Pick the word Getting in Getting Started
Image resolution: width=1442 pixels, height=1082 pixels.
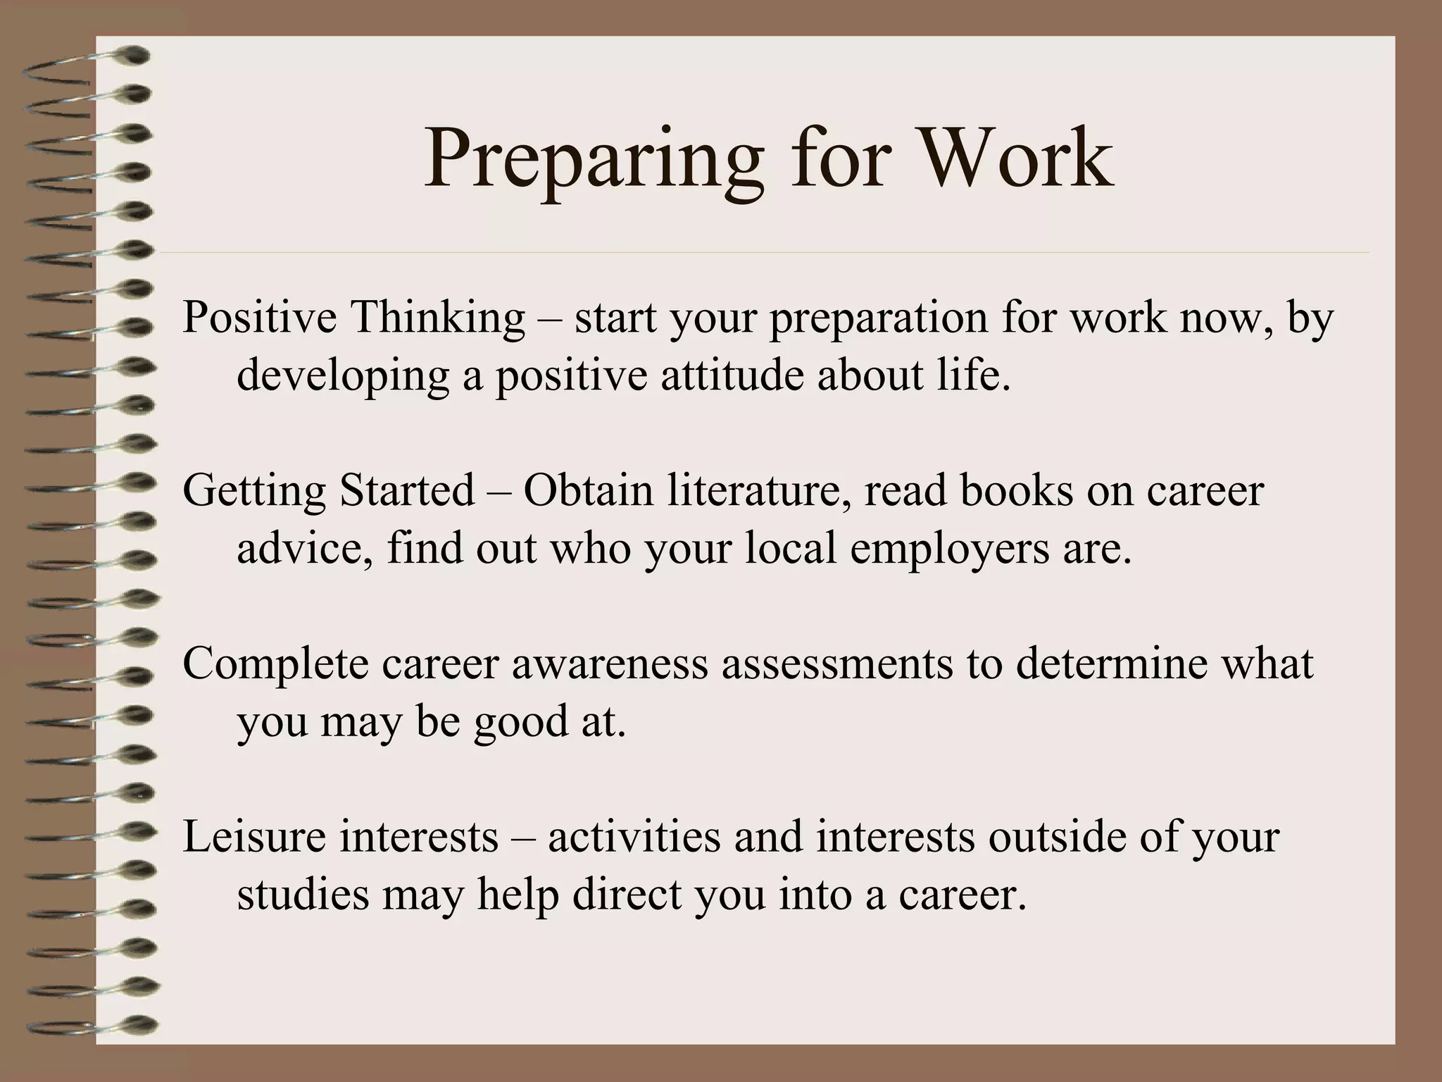pyautogui.click(x=253, y=491)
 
